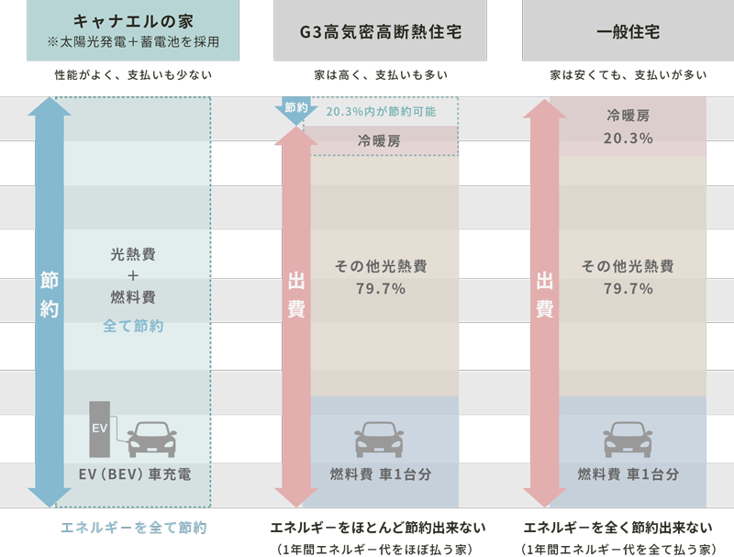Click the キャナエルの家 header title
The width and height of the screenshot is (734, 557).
coord(132,20)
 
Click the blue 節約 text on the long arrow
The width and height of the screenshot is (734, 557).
coord(50,295)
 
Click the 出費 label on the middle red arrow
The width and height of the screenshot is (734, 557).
coord(296,295)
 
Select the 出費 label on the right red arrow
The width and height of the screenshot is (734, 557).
coord(544,295)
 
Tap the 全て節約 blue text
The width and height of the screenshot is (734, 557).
coord(133,326)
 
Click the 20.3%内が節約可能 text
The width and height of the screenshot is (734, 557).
coord(381,112)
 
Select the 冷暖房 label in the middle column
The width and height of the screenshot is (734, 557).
coord(380,141)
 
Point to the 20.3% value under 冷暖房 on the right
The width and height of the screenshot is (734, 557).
coord(628,139)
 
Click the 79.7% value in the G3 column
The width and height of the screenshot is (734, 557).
coord(380,289)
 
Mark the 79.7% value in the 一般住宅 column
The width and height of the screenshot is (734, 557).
coord(628,289)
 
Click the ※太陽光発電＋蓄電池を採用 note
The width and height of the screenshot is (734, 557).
coord(132,42)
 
